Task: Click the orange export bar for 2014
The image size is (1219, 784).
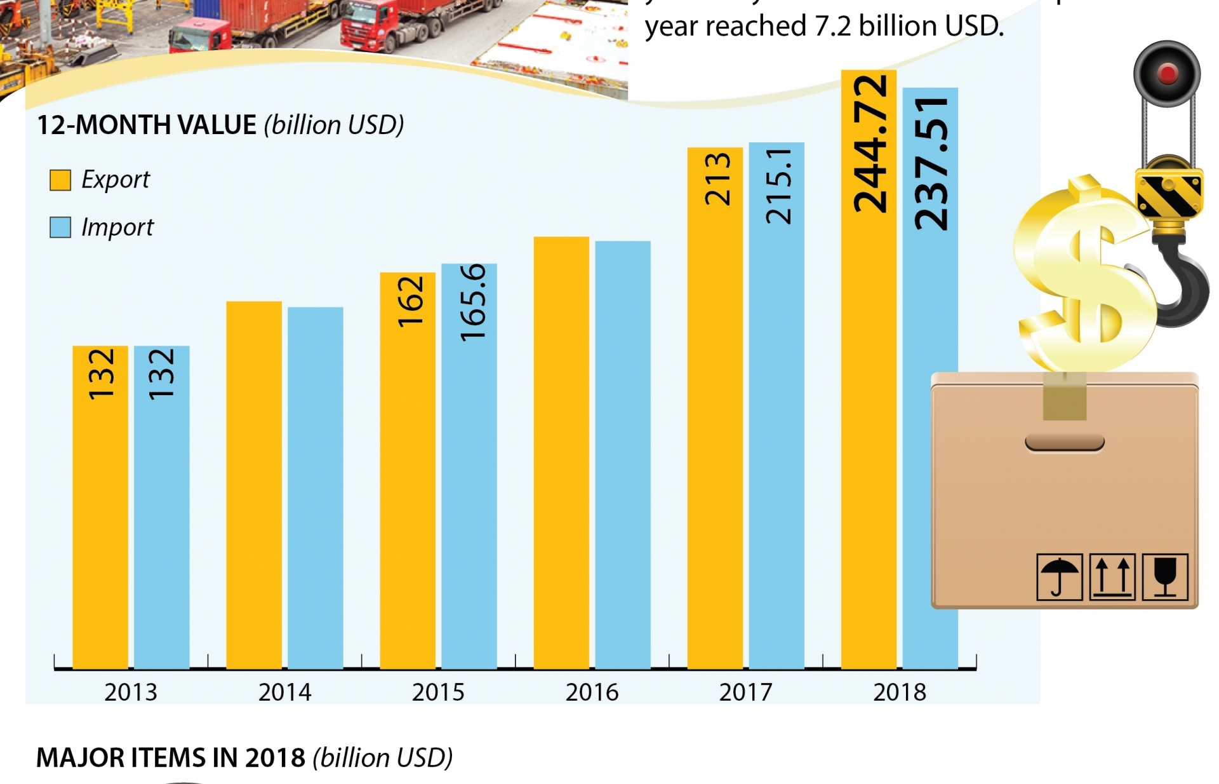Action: pyautogui.click(x=254, y=483)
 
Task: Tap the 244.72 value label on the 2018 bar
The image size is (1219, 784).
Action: pyautogui.click(x=869, y=144)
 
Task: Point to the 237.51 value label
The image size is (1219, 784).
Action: pyautogui.click(x=931, y=164)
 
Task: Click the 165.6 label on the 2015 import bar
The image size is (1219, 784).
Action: pyautogui.click(x=472, y=302)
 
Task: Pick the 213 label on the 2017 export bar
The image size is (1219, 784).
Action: pyautogui.click(x=717, y=179)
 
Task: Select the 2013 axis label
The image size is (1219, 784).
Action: pyautogui.click(x=131, y=692)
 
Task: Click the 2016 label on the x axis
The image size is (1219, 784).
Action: pyautogui.click(x=592, y=692)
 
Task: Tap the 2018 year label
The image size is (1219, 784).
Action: pyautogui.click(x=900, y=692)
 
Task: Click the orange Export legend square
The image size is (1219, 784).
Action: pyautogui.click(x=60, y=180)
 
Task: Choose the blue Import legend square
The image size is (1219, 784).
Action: pyautogui.click(x=60, y=227)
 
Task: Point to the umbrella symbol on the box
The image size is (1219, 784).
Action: pyautogui.click(x=1059, y=577)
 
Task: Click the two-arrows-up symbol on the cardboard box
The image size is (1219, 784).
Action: pyautogui.click(x=1112, y=577)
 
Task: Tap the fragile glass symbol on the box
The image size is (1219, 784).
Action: pyautogui.click(x=1165, y=577)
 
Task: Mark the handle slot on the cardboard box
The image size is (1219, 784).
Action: pyautogui.click(x=1065, y=443)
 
